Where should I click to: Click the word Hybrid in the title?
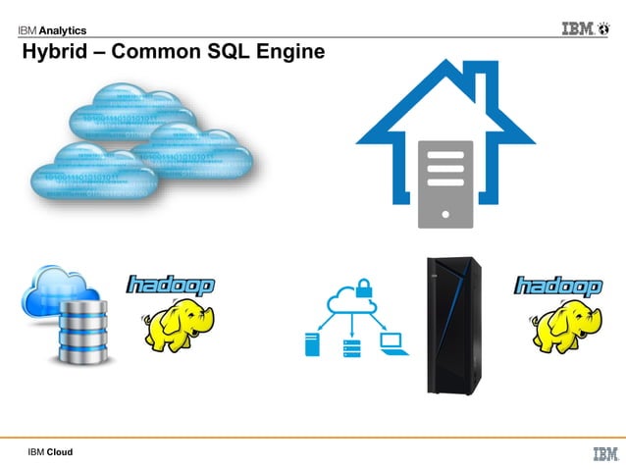coord(58,52)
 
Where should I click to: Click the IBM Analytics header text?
coord(50,29)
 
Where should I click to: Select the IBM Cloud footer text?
coord(50,452)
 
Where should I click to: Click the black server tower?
coord(452,325)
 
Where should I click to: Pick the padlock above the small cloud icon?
coord(362,287)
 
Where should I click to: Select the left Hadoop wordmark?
coord(171,286)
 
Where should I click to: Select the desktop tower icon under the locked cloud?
coord(313,344)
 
